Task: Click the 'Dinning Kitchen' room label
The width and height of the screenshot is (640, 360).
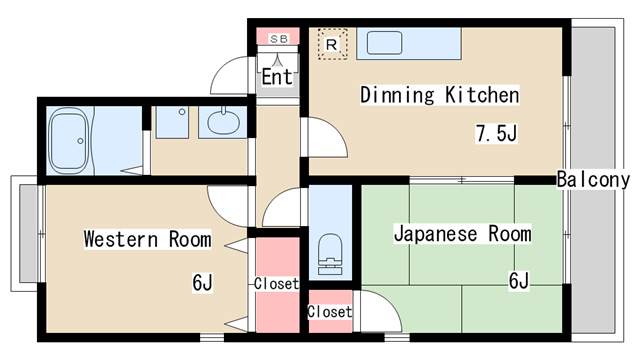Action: click(x=439, y=96)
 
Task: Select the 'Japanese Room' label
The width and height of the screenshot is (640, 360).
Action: click(x=461, y=235)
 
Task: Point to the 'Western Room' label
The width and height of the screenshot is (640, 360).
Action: click(x=147, y=239)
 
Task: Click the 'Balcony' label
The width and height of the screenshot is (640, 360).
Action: click(x=593, y=180)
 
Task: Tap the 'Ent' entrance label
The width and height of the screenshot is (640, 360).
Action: click(x=277, y=76)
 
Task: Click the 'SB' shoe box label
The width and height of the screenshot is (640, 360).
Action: click(x=278, y=38)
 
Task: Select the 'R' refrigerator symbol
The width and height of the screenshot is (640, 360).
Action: click(x=332, y=44)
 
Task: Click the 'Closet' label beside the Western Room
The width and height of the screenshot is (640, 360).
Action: click(x=276, y=284)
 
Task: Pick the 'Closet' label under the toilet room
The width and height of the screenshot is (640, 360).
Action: click(x=329, y=312)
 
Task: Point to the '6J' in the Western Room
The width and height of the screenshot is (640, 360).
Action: click(x=202, y=283)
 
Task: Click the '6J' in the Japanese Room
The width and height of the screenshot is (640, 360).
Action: click(x=518, y=280)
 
